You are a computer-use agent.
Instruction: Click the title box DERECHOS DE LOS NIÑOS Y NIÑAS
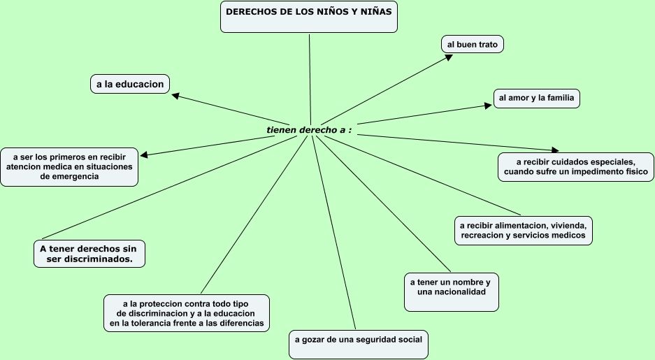[308, 17]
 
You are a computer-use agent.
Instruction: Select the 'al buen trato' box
[473, 44]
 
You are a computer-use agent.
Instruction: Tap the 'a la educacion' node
[130, 84]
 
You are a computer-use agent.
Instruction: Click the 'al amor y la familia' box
[536, 98]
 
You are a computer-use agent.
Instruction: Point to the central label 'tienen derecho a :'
[308, 130]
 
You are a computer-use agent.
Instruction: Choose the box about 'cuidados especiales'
[575, 166]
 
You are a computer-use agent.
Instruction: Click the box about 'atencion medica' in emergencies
[69, 166]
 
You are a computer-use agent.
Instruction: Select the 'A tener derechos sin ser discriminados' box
[89, 253]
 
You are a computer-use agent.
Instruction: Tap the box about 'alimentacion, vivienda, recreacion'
[524, 231]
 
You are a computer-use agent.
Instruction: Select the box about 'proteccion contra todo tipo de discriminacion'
[187, 313]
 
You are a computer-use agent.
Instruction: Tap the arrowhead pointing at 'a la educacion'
[175, 96]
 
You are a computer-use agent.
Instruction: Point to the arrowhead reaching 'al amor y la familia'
[489, 106]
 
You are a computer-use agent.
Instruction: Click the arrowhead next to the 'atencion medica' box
[144, 154]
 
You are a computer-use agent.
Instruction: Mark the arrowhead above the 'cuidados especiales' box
[555, 150]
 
